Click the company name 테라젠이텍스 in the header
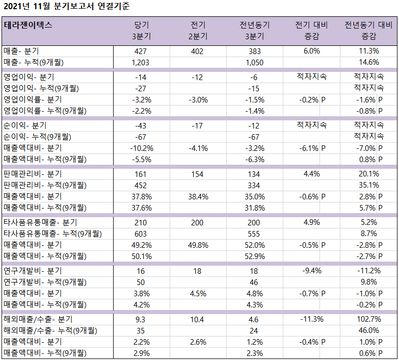tap(28, 25)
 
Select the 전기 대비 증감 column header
tap(311, 31)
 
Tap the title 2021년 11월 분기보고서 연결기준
tap(67, 6)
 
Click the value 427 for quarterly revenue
tap(141, 52)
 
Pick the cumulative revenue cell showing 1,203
tap(141, 63)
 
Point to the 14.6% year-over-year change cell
tap(369, 62)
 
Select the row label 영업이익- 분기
tap(29, 77)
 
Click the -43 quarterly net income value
tap(141, 126)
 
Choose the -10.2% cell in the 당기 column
tap(142, 148)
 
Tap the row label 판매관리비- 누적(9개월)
tap(45, 185)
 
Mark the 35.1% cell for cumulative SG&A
tap(369, 185)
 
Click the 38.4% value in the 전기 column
tap(198, 197)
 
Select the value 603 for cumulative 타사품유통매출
tap(141, 234)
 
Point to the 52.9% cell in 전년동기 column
tap(255, 256)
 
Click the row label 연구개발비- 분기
tap(33, 271)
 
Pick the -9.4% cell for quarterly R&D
tap(312, 271)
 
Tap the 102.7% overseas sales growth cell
tap(369, 319)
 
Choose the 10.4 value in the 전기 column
tap(197, 320)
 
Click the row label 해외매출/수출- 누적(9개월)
tap(50, 330)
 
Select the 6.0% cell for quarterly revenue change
tap(312, 51)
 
